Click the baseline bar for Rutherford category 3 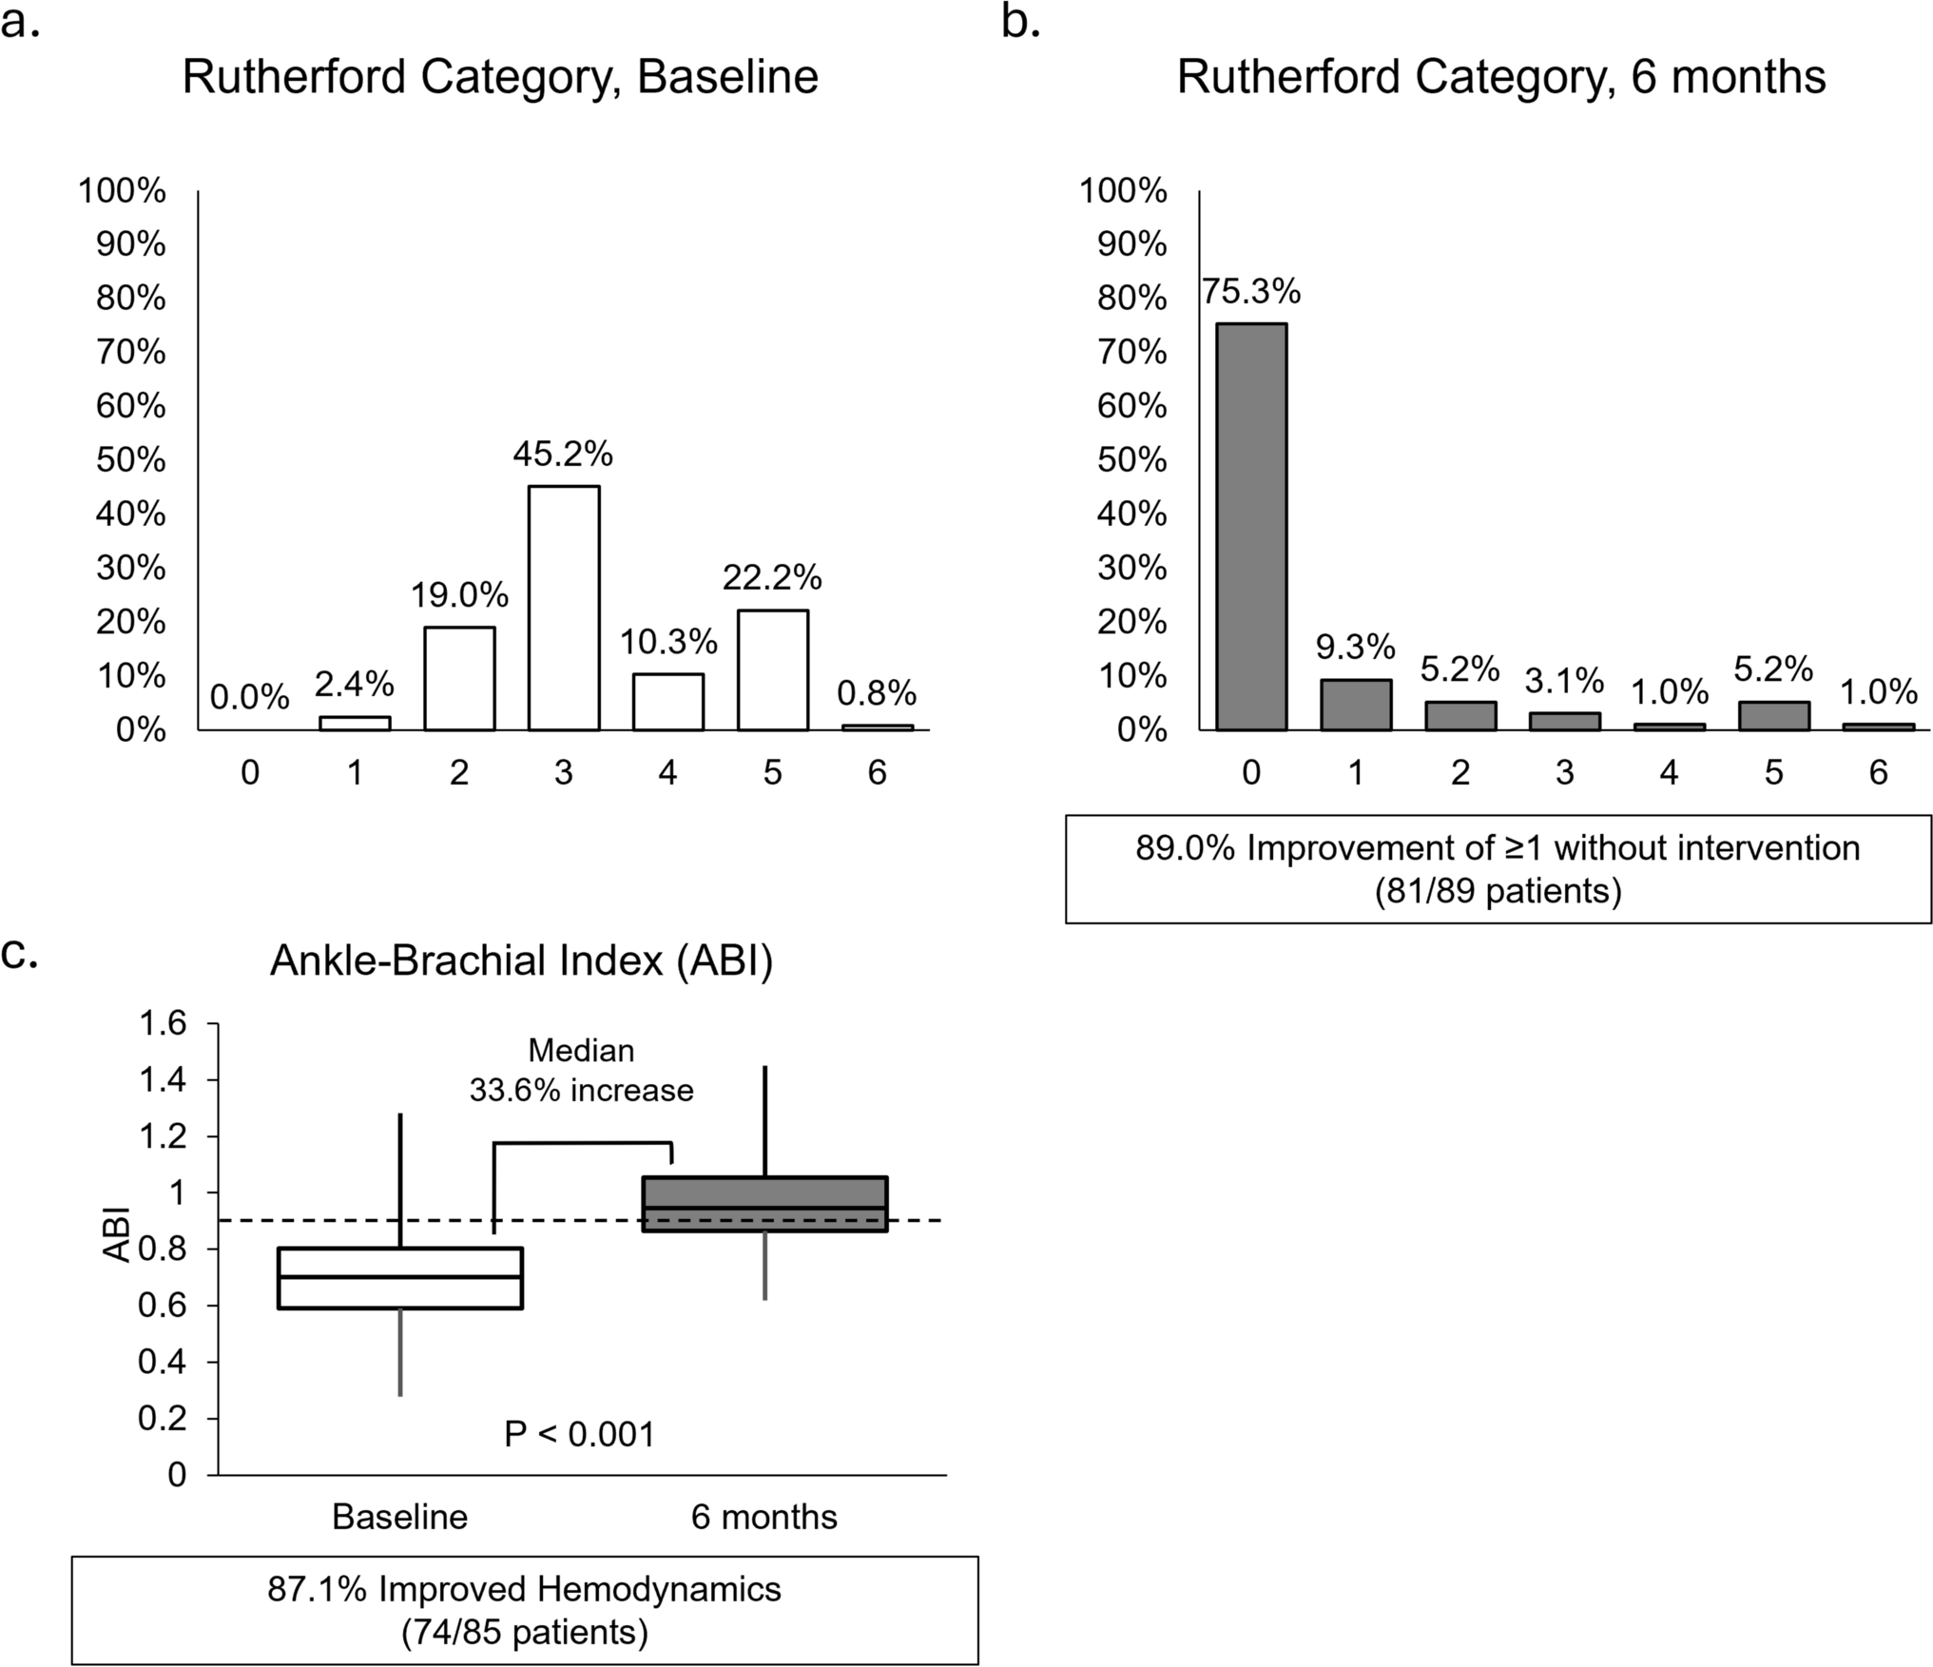pos(564,609)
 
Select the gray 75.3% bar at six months pos(1251,528)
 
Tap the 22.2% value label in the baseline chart pos(772,577)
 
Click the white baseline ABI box pos(400,1278)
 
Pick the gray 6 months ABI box pos(764,1204)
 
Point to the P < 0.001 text pos(579,1434)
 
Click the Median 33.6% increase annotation pos(581,1071)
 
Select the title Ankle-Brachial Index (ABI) pos(521,961)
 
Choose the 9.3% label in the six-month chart pos(1355,648)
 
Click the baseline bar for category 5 pos(772,670)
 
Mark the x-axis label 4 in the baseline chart pos(667,773)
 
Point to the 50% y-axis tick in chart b pos(1131,460)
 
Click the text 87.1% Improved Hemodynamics pos(524,1589)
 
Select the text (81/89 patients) pos(1498,891)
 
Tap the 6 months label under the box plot pos(764,1517)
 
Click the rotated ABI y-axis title pos(116,1234)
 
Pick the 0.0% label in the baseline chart pos(249,697)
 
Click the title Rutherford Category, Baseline pos(500,77)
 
